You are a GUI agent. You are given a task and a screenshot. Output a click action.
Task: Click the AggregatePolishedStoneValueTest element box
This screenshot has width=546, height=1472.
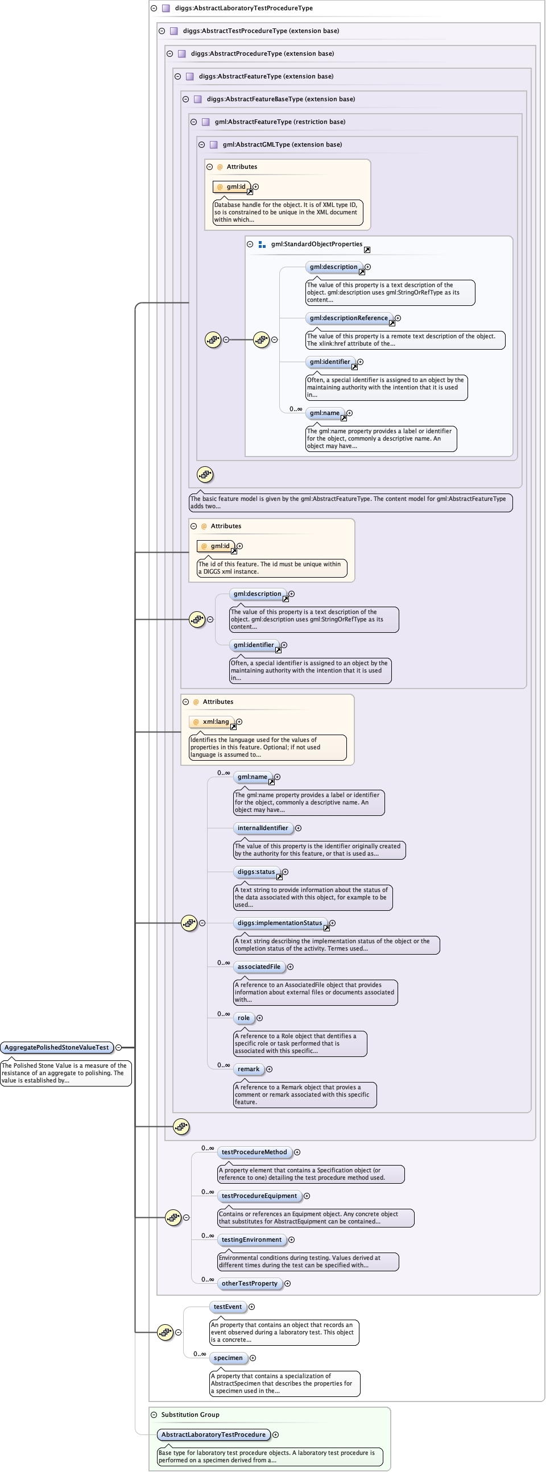coord(57,1047)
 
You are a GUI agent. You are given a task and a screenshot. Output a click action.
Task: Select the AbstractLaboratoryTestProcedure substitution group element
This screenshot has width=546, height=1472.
coord(213,1434)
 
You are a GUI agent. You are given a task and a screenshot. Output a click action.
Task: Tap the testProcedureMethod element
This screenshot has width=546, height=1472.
coord(254,1152)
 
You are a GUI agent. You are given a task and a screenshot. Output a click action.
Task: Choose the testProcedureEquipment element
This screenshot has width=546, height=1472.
coord(259,1196)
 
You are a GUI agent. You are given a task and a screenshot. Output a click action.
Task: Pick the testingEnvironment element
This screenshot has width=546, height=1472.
coord(251,1239)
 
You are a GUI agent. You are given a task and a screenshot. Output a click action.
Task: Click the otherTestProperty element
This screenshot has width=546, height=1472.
coord(249,1283)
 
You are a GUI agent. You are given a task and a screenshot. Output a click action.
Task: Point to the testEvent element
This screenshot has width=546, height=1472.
coord(227,1307)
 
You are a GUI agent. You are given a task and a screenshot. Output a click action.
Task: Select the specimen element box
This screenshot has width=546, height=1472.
coord(228,1358)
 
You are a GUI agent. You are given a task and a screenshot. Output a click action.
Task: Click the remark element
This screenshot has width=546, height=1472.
coord(248,1069)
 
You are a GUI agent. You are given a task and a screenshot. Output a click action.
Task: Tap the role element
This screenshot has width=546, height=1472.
coord(243,1018)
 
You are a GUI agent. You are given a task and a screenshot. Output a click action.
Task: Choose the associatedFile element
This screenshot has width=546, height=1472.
coord(259,967)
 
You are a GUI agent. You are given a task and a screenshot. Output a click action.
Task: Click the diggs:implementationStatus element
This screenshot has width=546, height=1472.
coord(280,923)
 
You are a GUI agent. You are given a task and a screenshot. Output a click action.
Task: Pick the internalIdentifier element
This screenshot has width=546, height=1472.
coord(263,828)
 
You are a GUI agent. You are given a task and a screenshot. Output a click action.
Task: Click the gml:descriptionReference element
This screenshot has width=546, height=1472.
coord(349,318)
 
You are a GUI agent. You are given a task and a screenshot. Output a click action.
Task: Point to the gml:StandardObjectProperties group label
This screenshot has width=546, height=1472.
coord(316,244)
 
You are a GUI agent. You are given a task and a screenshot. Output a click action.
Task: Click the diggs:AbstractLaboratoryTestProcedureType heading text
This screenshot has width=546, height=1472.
coord(243,8)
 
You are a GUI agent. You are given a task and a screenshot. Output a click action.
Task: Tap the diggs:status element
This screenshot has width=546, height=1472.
coord(256,872)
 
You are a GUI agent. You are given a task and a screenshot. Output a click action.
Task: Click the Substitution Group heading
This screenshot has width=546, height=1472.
coord(190,1414)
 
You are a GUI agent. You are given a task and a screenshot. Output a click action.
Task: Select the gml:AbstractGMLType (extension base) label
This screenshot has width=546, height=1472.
coord(282,144)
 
